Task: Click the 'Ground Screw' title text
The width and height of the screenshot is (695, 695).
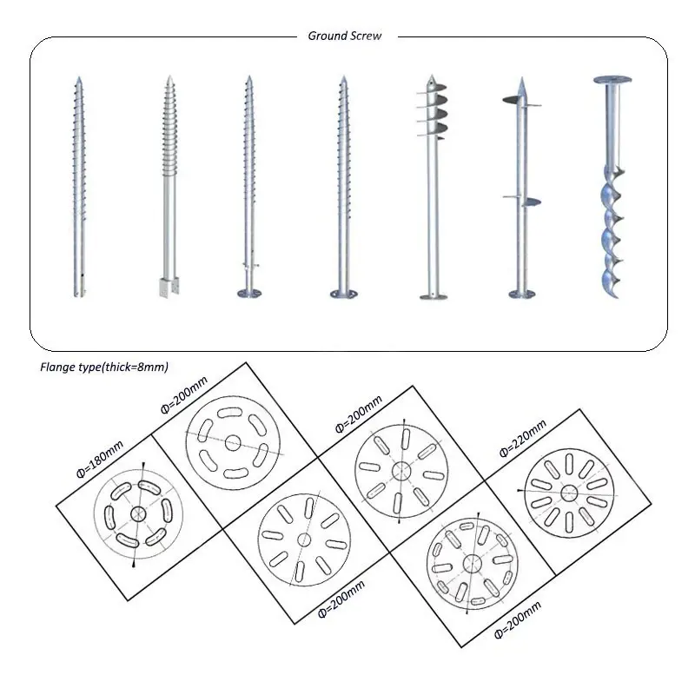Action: click(x=345, y=36)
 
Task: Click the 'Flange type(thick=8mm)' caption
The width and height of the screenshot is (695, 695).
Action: click(x=110, y=367)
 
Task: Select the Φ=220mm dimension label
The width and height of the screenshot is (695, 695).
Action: click(x=524, y=439)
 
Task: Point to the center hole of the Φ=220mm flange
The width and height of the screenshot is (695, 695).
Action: click(x=568, y=493)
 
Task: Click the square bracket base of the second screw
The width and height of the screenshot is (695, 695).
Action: click(x=168, y=287)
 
